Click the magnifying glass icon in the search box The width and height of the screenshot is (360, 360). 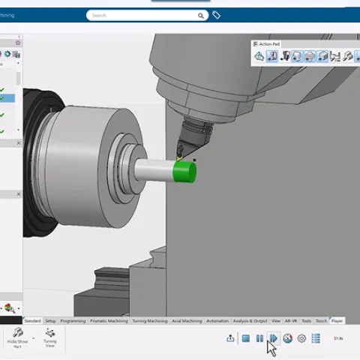[201, 15]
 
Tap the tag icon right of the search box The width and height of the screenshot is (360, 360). [217, 15]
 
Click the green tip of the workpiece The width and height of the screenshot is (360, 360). [185, 172]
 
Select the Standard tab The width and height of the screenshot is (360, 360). [32, 321]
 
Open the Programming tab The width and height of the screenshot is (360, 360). [73, 321]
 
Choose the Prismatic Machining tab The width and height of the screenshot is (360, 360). [109, 321]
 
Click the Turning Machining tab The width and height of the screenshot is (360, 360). [150, 321]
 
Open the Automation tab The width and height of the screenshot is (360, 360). [217, 321]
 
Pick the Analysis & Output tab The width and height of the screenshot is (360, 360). [249, 321]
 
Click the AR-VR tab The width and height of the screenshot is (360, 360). [290, 321]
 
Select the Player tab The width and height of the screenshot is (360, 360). [337, 321]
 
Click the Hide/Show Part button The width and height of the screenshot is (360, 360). [16, 337]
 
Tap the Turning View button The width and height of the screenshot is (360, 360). [50, 337]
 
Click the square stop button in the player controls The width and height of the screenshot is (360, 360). [245, 339]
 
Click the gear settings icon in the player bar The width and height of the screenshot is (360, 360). [301, 339]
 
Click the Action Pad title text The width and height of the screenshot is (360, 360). [271, 44]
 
